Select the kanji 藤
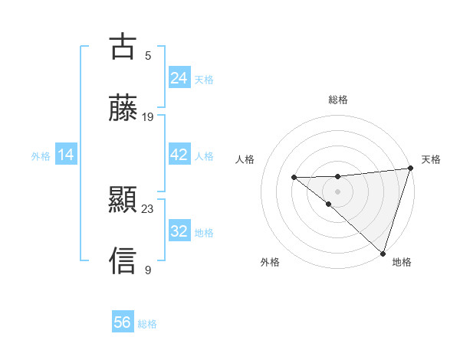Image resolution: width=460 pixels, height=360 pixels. click(123, 108)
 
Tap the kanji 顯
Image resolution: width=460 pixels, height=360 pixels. click(123, 201)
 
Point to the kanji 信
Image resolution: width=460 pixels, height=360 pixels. click(123, 261)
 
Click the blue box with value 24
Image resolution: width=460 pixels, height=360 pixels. click(179, 77)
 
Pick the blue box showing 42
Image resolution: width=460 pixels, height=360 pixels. click(179, 155)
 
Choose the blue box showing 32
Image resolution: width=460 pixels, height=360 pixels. click(179, 231)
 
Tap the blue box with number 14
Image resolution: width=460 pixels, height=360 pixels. click(66, 155)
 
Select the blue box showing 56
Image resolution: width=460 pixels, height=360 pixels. click(123, 322)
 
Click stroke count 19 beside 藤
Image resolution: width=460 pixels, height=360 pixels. click(148, 116)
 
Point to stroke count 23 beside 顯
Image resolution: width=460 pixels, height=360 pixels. click(148, 208)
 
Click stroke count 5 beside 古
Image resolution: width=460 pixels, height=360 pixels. click(148, 55)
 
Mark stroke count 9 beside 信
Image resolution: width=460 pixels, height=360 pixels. click(148, 270)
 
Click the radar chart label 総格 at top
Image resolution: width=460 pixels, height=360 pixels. click(338, 100)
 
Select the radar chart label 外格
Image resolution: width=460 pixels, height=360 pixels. click(270, 262)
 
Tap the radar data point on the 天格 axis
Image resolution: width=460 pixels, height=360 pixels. click(410, 169)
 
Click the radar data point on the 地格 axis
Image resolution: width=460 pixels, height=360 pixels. click(382, 253)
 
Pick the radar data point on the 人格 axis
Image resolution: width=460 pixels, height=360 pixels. click(294, 178)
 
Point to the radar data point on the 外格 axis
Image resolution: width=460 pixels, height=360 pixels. click(328, 204)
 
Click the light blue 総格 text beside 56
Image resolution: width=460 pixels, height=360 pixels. click(148, 324)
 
